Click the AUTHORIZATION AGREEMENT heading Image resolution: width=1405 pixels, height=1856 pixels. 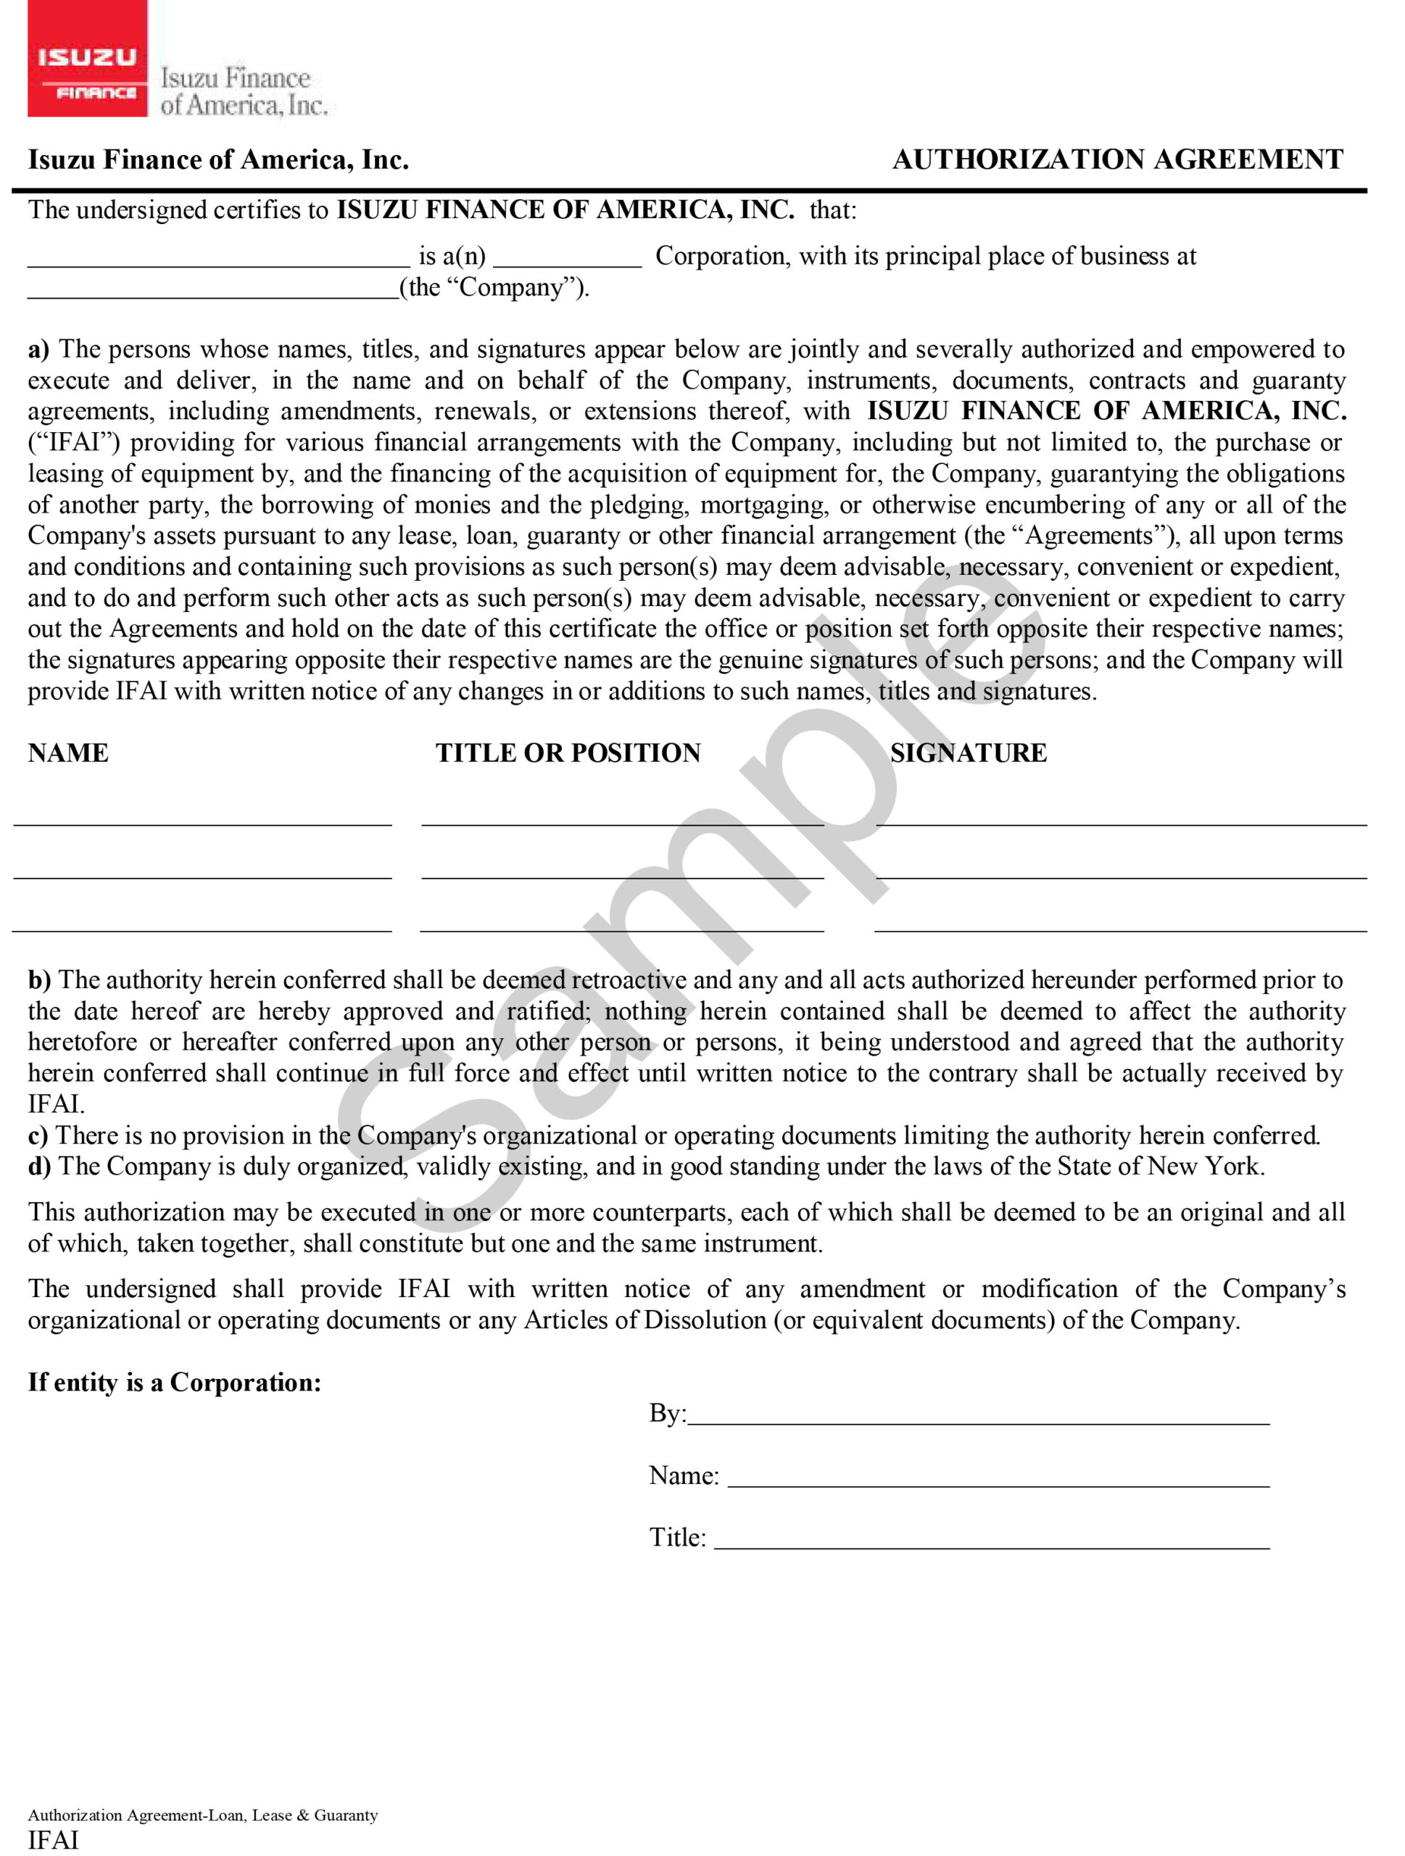click(x=1117, y=159)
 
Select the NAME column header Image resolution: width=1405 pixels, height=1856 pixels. click(x=68, y=753)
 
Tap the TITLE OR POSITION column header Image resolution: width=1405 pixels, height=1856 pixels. click(x=568, y=753)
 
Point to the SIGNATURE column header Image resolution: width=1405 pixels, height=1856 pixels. click(x=968, y=753)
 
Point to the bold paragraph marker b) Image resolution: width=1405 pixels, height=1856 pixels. click(x=39, y=980)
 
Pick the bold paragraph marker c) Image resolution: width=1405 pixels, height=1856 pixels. click(x=38, y=1135)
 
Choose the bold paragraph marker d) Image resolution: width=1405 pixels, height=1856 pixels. click(x=39, y=1167)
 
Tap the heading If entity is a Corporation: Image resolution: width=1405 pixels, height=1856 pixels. click(x=175, y=1383)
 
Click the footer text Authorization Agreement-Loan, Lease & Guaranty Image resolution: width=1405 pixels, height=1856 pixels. click(x=203, y=1815)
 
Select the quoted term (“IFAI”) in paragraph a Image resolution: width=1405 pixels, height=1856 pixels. click(x=75, y=442)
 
